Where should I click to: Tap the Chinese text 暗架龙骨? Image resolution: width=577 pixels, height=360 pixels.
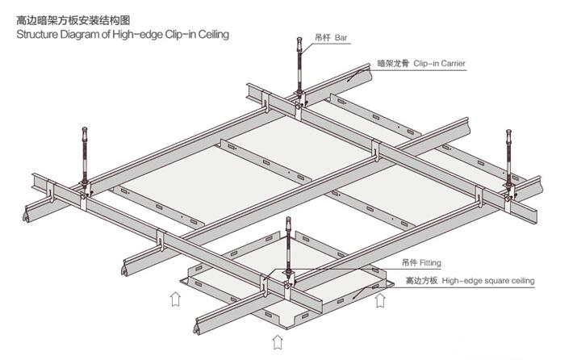point(392,62)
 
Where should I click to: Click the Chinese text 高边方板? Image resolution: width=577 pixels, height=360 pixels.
point(420,281)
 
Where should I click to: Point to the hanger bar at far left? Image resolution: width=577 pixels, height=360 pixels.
point(86,157)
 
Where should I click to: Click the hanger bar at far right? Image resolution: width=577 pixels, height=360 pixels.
point(508,157)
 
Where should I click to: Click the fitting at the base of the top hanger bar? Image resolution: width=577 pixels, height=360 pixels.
point(300,101)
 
